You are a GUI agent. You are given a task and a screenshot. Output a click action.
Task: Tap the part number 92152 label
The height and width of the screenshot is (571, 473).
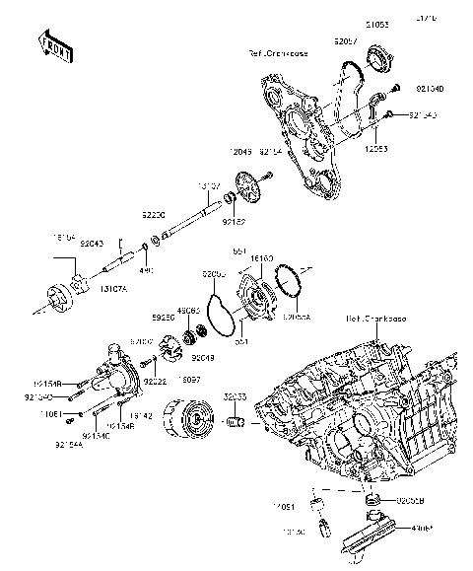(234, 223)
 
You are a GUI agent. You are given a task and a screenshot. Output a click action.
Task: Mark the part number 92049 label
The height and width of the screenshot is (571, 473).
(204, 358)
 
